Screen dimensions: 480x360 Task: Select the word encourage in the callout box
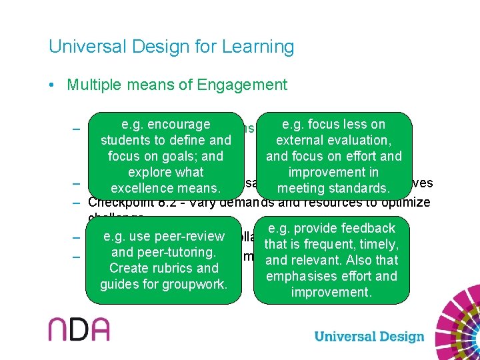point(179,125)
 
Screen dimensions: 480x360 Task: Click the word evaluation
point(353,141)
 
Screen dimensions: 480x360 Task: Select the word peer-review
point(191,237)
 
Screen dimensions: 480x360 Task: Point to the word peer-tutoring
point(175,253)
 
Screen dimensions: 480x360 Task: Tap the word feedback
point(367,229)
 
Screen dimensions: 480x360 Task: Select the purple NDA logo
point(79,329)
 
